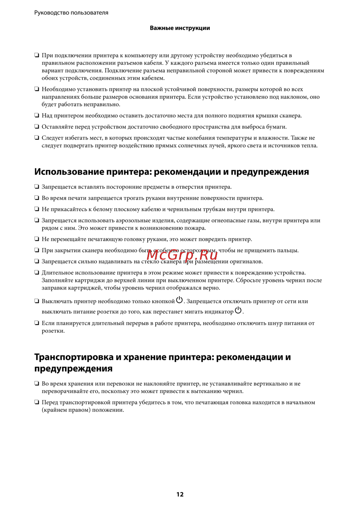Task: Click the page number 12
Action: point(180,494)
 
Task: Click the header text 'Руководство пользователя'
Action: point(71,13)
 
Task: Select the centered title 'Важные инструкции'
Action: point(180,28)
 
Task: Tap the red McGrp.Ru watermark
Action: point(182,255)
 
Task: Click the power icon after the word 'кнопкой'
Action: point(179,300)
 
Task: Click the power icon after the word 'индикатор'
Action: point(238,310)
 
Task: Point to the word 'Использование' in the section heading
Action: point(69,172)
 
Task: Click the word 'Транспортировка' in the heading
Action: point(73,357)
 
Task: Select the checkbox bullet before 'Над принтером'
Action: point(37,115)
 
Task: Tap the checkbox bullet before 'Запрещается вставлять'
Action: point(37,187)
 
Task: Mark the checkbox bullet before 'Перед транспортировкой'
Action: point(37,402)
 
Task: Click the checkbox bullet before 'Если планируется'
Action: point(37,323)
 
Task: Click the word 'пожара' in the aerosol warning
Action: point(196,228)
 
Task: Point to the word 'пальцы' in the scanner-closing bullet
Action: point(288,250)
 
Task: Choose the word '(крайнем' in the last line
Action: point(54,410)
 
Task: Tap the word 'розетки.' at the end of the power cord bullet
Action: point(53,331)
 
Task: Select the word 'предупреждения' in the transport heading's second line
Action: point(73,368)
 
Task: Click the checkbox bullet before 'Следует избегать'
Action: point(37,138)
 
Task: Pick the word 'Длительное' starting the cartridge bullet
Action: point(58,273)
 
